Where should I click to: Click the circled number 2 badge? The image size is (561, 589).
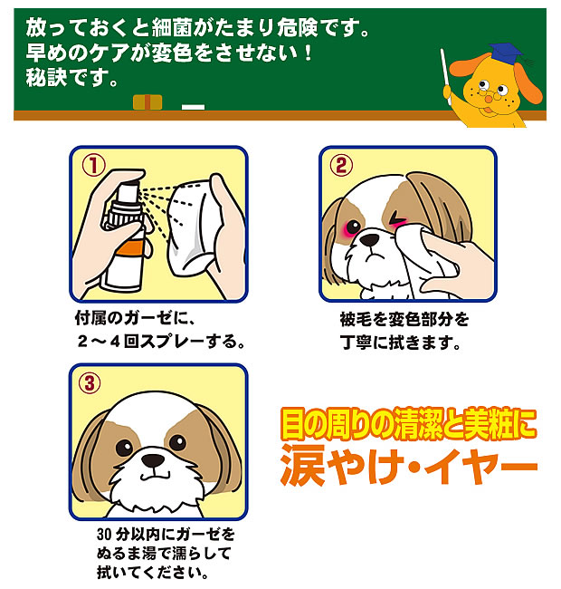point(341,165)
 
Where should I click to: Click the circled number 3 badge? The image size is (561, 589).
point(91,382)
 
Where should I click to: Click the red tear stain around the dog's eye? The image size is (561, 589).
point(351,227)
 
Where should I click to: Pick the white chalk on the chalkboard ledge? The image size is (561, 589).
point(193,107)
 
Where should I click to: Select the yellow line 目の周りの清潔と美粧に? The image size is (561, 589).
point(407,422)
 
